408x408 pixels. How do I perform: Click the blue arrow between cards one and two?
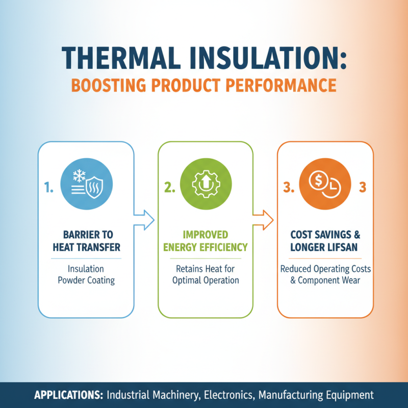click(144, 220)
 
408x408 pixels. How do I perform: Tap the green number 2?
click(169, 188)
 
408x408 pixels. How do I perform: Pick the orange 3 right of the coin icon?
click(363, 188)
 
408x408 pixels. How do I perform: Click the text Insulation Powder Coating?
click(86, 274)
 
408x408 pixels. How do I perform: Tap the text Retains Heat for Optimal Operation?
click(206, 274)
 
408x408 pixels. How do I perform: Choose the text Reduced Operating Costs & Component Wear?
click(325, 274)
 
